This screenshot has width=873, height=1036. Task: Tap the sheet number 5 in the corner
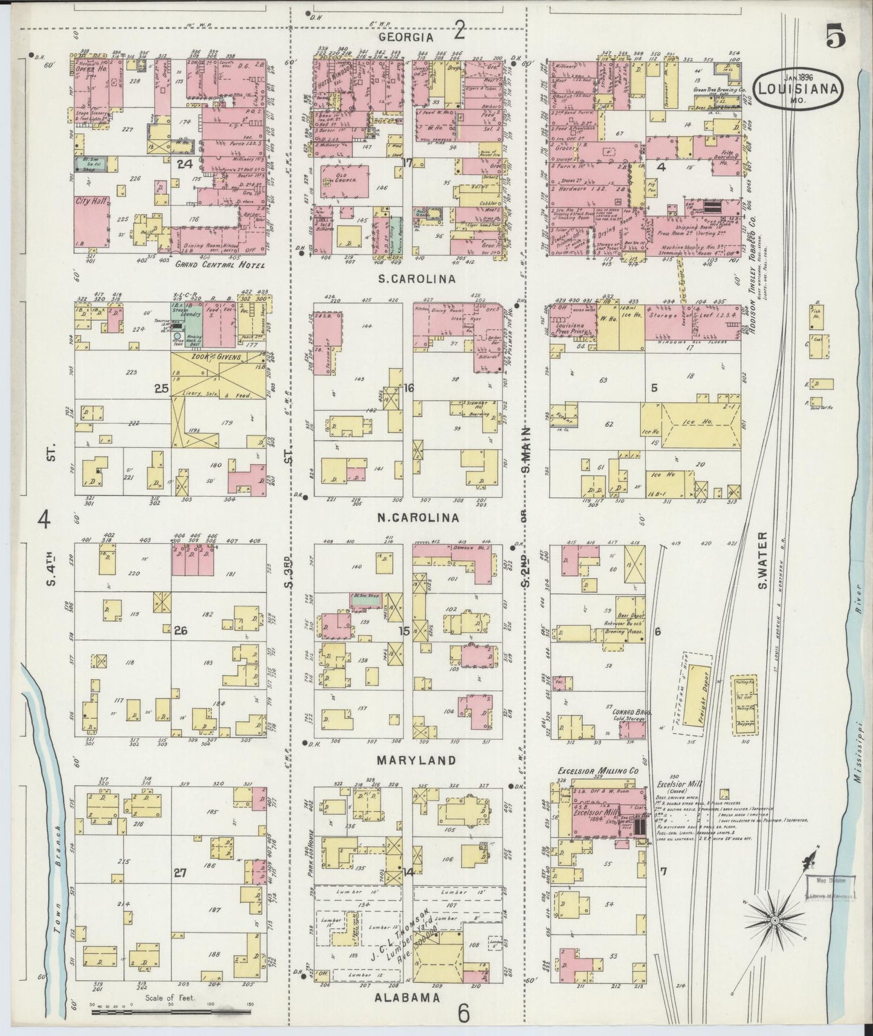click(x=836, y=37)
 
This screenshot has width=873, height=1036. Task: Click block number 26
click(x=179, y=631)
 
